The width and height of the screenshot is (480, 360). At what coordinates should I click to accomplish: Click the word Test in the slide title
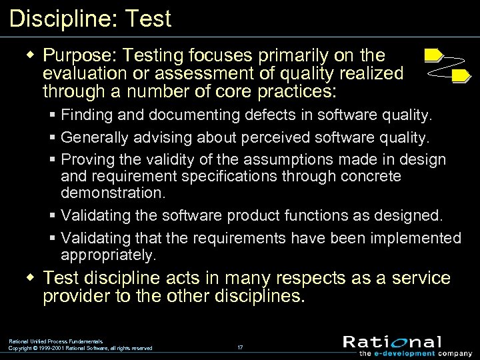click(147, 18)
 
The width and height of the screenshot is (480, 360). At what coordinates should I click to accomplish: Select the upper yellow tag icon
click(433, 54)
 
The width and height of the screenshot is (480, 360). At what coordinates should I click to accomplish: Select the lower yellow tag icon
click(461, 76)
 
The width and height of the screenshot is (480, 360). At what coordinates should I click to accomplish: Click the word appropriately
click(109, 255)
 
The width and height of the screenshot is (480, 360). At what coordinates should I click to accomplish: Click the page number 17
click(240, 347)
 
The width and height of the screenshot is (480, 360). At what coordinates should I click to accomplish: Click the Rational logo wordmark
click(392, 342)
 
